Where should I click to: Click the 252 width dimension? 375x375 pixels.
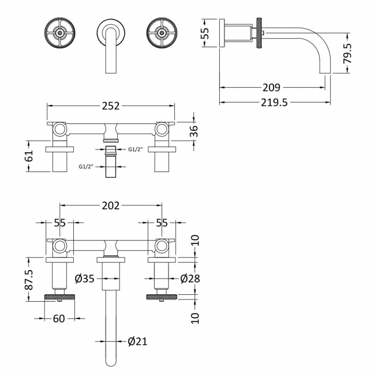pos(111,106)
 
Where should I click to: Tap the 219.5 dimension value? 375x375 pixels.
pos(274,103)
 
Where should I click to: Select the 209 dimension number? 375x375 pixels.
pos(271,88)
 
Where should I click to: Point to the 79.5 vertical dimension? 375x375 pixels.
pos(347,53)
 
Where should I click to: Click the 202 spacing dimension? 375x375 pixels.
pos(111,205)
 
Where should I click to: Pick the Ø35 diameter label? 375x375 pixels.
pos(85,279)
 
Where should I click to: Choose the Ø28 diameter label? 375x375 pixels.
pos(190,279)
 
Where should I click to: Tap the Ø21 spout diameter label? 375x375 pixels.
pos(137,342)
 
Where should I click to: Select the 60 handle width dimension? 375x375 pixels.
pos(59,318)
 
